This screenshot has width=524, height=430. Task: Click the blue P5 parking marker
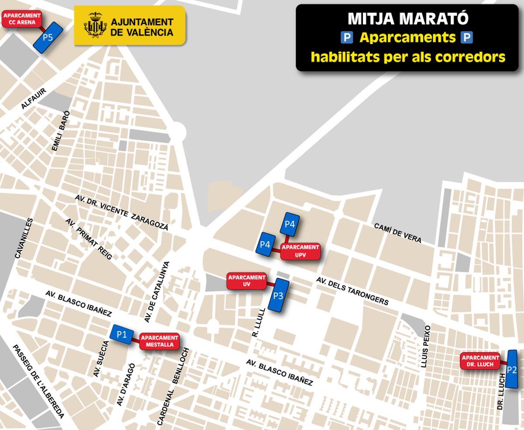click(48, 38)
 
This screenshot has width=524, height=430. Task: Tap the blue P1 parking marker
click(122, 335)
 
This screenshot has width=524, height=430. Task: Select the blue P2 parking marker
click(512, 370)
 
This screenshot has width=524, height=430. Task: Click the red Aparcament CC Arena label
click(22, 19)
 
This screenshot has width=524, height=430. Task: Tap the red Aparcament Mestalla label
click(159, 341)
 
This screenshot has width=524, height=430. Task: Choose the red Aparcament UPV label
click(300, 251)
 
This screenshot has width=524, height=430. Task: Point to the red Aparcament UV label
click(247, 281)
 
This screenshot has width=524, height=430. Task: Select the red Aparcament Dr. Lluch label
click(480, 361)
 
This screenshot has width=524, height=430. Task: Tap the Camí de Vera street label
click(397, 233)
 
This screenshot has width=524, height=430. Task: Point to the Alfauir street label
click(33, 99)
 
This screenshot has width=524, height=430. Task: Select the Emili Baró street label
click(61, 131)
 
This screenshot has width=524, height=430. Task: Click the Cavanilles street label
click(24, 238)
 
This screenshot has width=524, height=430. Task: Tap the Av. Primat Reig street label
click(89, 239)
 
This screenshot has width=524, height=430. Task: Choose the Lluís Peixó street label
click(426, 346)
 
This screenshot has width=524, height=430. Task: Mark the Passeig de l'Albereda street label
click(38, 381)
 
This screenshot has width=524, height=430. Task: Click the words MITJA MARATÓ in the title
click(408, 19)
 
